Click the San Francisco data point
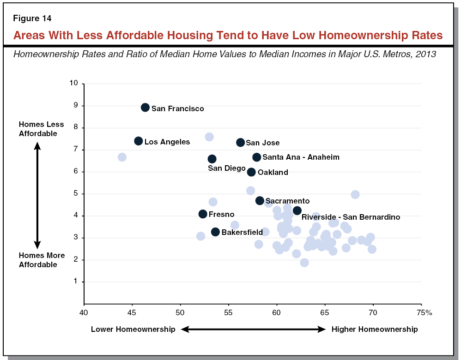click(x=145, y=108)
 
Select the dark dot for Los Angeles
click(x=138, y=141)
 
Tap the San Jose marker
click(x=240, y=143)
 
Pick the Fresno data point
click(x=203, y=214)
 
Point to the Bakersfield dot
click(x=215, y=232)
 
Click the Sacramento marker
click(x=260, y=201)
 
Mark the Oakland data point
click(x=251, y=172)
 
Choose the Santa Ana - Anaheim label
click(x=301, y=157)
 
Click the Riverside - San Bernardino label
click(x=351, y=217)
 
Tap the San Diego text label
click(x=226, y=168)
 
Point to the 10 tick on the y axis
click(x=74, y=84)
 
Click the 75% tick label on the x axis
click(x=424, y=313)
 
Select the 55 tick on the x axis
click(x=229, y=313)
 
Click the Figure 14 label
click(x=32, y=19)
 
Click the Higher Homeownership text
click(x=375, y=329)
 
